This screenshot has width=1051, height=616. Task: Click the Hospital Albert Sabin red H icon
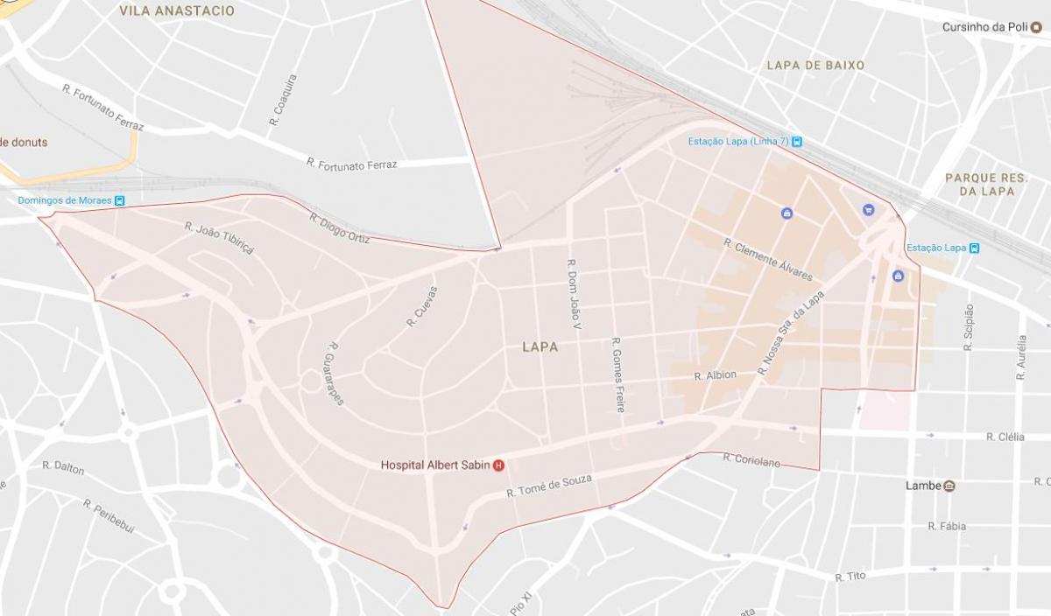pos(498,465)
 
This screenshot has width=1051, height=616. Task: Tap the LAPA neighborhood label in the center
pos(540,347)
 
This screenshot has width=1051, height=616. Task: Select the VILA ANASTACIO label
pos(177,11)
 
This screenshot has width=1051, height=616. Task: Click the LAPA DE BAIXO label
pos(815,66)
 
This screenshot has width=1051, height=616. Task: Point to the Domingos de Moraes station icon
pos(120,200)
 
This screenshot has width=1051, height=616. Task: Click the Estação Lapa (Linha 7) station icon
pos(796,142)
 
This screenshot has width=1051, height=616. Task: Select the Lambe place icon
pos(949,486)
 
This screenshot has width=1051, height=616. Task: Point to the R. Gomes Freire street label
pos(618,374)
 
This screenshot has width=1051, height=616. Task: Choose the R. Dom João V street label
pos(575,294)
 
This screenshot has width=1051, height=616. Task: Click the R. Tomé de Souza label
pos(549,486)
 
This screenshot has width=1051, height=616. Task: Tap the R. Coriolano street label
pos(751,459)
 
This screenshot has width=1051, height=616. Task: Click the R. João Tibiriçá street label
pos(219,238)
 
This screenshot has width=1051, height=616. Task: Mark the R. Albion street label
pos(715,375)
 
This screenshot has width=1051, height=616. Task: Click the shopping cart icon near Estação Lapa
pos(868,209)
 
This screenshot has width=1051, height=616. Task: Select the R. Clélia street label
pos(1005,437)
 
